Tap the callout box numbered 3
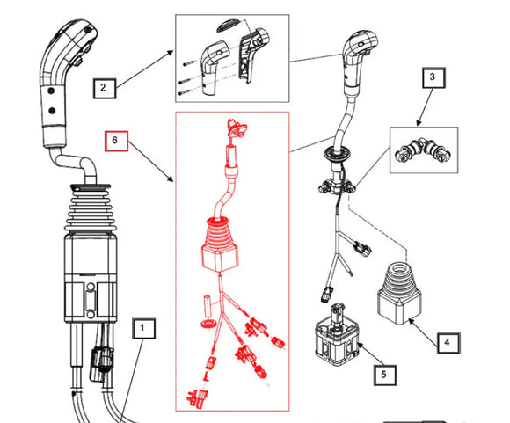[432, 78]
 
